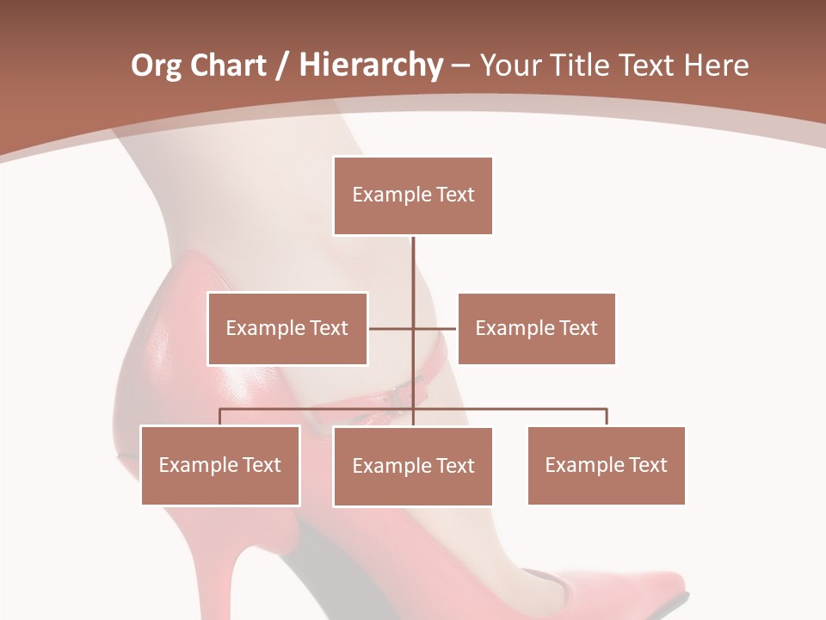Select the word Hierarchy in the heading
point(370,65)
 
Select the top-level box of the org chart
point(413,195)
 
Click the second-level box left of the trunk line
point(287,328)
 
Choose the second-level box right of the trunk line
point(536,328)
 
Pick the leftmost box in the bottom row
point(220,466)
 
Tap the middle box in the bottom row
point(413,467)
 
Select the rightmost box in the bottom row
point(606,466)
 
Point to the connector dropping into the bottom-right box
point(607,416)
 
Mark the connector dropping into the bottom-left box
point(220,416)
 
